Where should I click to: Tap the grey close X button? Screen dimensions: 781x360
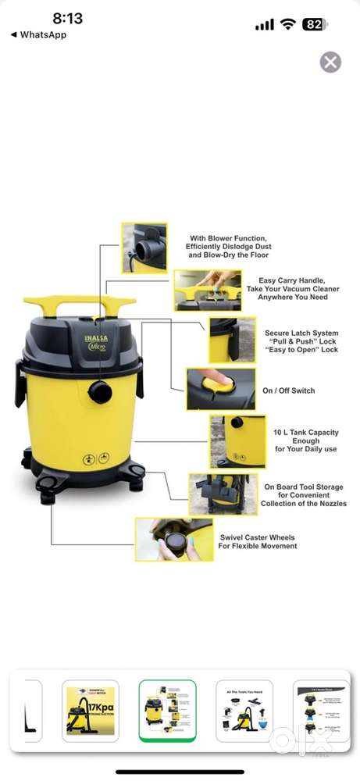(330, 62)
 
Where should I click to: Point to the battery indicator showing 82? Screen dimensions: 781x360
(314, 24)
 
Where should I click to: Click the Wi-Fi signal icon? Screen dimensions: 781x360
(288, 24)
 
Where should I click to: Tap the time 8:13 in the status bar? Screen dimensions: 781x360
(68, 18)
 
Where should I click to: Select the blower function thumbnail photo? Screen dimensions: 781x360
(144, 248)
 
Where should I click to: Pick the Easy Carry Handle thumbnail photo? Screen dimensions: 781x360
(207, 290)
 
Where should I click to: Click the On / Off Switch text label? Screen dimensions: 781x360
(289, 390)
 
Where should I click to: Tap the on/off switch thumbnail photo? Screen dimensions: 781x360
(209, 389)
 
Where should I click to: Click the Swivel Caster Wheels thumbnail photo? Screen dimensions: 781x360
(173, 539)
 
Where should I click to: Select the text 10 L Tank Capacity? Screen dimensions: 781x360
(305, 432)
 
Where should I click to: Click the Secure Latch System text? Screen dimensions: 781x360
(301, 333)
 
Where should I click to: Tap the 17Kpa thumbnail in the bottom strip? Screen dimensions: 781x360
(91, 711)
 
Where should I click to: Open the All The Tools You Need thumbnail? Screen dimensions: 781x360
(244, 711)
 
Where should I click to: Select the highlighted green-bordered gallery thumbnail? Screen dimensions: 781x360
(167, 711)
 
